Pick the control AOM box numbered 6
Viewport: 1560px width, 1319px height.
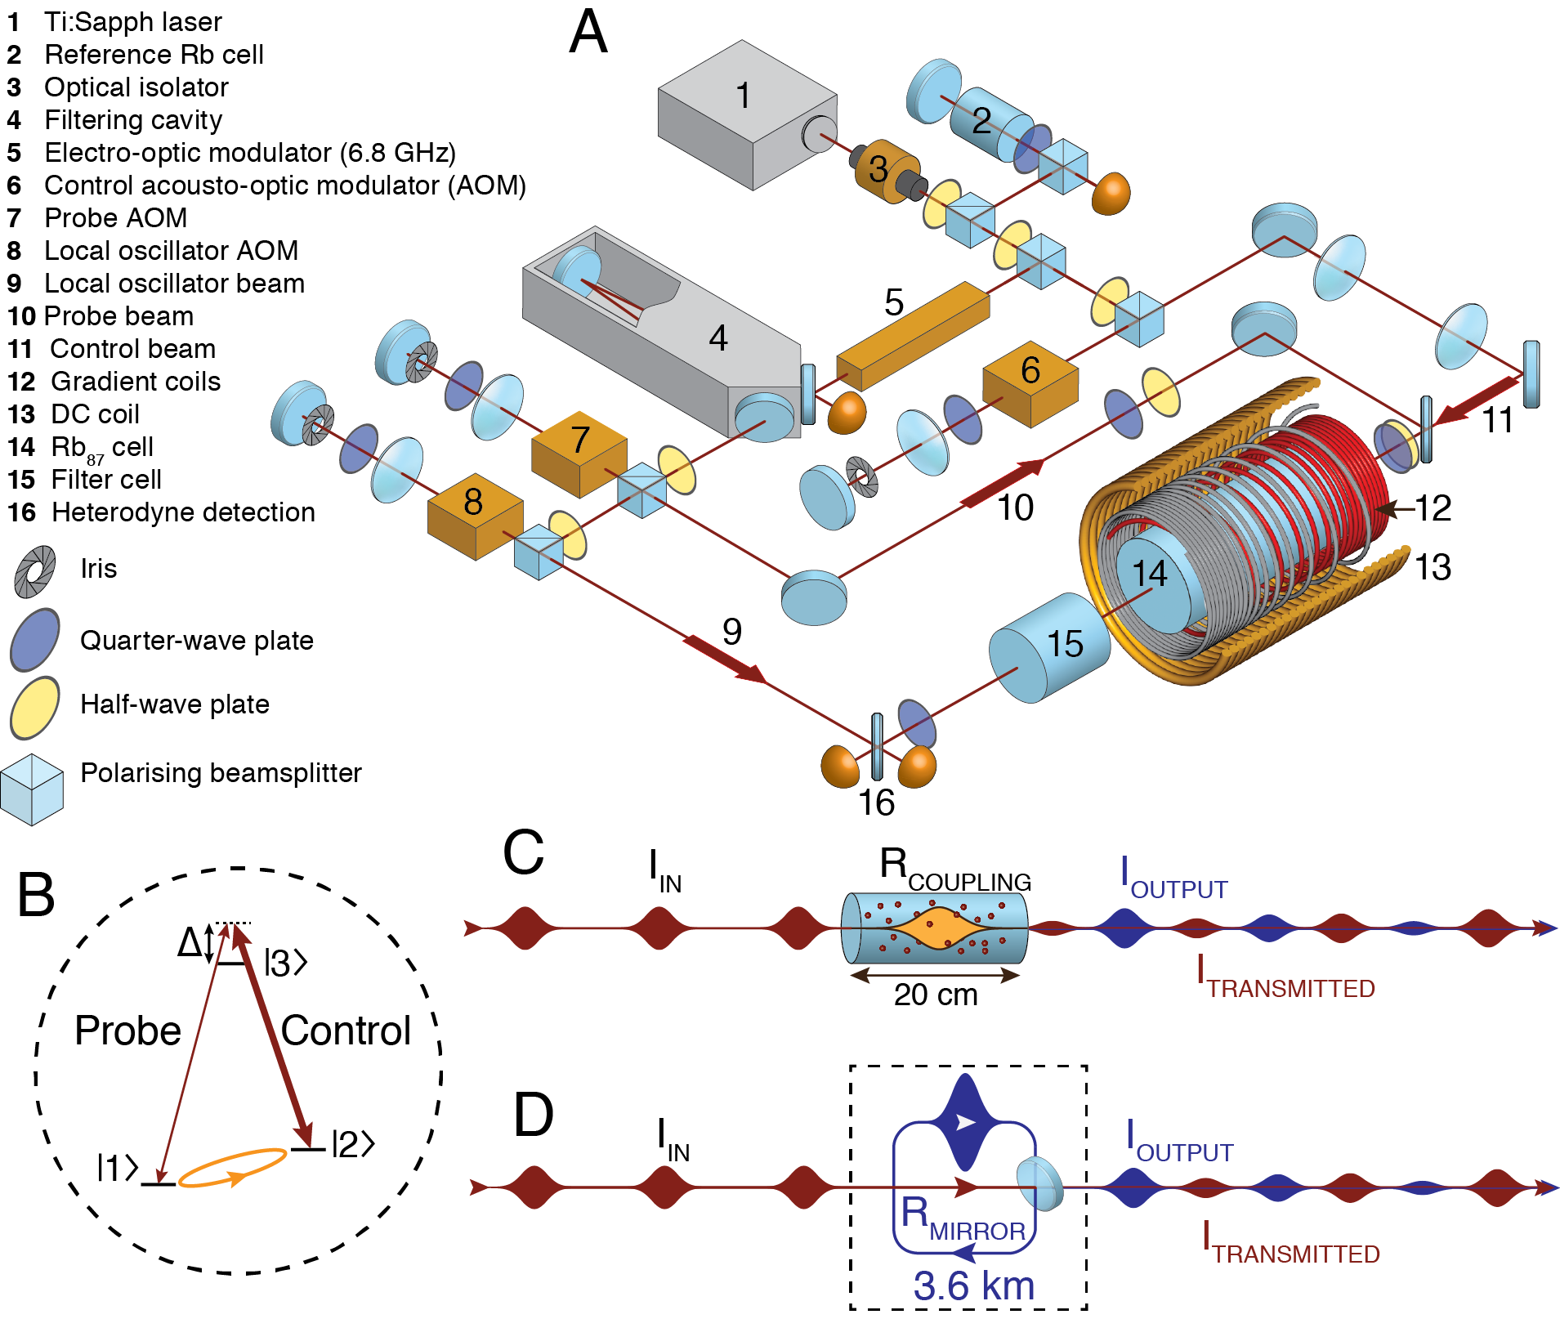(x=1030, y=382)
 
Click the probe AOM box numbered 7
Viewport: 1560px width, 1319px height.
(x=579, y=454)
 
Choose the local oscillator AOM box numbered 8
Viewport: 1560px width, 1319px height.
(x=475, y=515)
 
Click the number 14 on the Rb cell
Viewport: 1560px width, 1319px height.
(x=1149, y=574)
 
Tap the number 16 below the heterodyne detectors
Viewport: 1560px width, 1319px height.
(x=876, y=803)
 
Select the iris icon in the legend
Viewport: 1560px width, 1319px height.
(x=35, y=570)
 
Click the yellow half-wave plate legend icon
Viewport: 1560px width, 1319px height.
(x=34, y=707)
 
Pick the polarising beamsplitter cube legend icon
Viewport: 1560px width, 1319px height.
(x=32, y=789)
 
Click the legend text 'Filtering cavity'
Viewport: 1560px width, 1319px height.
(x=133, y=120)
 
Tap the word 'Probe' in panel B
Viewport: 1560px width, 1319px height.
(x=127, y=1031)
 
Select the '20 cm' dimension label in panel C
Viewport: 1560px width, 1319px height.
(x=936, y=995)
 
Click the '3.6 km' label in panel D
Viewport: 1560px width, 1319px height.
(x=973, y=1285)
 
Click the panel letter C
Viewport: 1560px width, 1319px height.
(x=523, y=852)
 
